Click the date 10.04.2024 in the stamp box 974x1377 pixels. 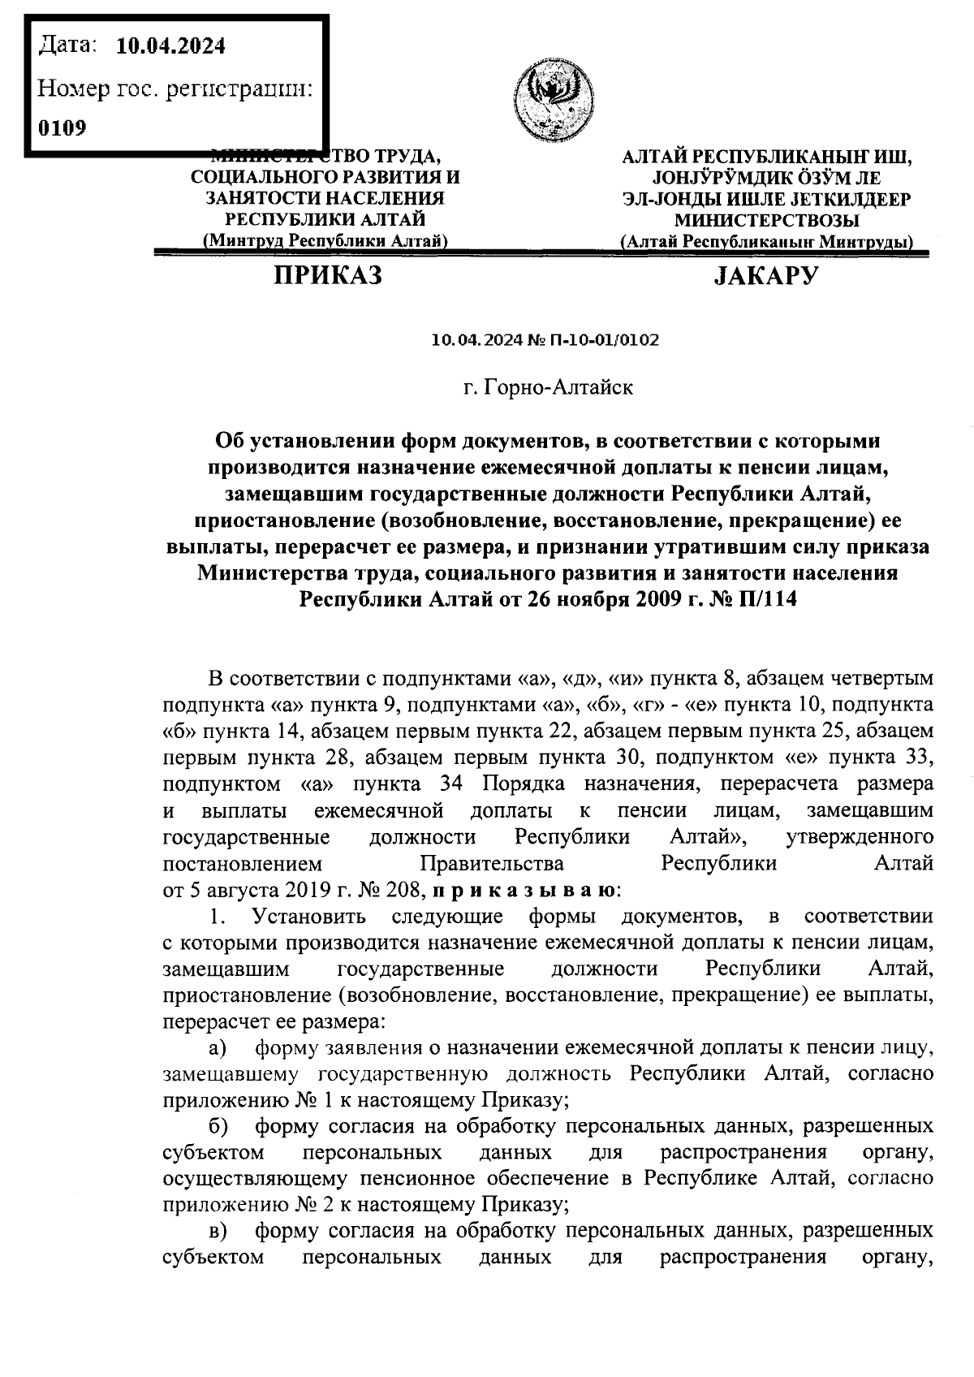click(170, 46)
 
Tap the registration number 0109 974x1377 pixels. click(62, 127)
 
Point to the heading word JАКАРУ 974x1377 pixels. click(765, 276)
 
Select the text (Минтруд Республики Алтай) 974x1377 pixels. click(325, 241)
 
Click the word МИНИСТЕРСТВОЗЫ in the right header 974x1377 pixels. click(767, 220)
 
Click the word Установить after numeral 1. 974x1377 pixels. click(308, 917)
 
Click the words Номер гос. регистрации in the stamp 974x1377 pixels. click(175, 88)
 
